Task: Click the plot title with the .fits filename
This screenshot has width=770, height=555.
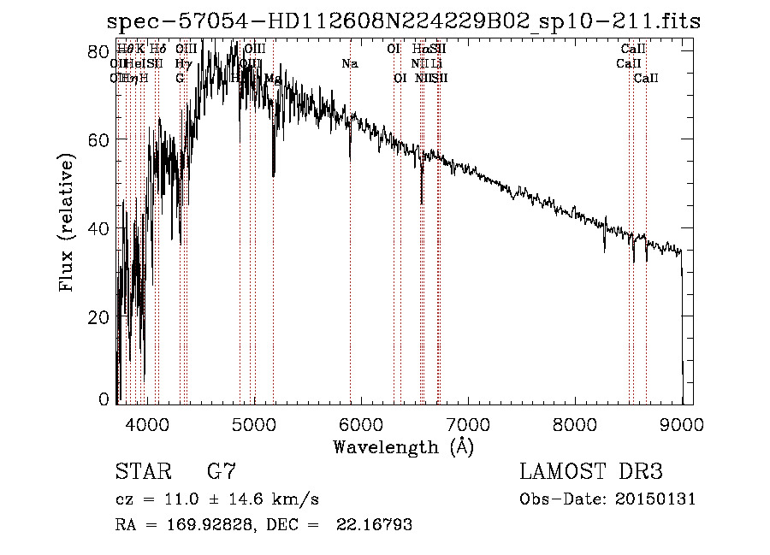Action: tap(403, 21)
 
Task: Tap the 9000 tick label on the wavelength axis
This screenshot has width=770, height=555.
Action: tap(682, 424)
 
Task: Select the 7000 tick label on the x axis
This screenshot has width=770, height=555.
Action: tap(467, 424)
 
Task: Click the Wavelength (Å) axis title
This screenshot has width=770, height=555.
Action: tap(403, 446)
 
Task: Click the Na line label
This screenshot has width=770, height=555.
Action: tap(349, 64)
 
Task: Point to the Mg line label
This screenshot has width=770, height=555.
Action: tap(273, 79)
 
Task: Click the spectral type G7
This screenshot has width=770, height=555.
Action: tap(221, 472)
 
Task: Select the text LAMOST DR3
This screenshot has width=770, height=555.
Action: tap(591, 472)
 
